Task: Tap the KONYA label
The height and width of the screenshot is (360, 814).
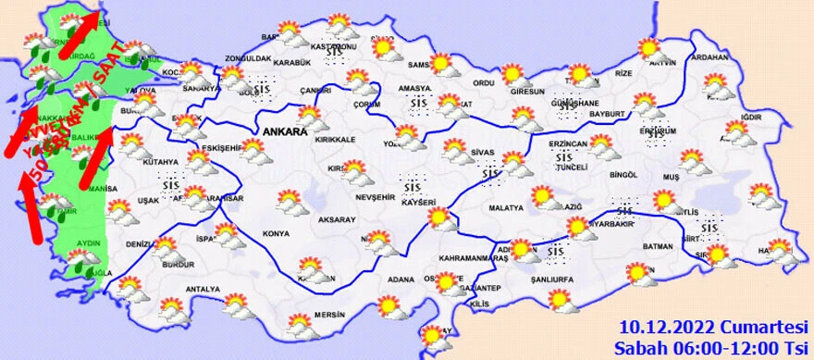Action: (275, 233)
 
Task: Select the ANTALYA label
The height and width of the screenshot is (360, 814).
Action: (203, 289)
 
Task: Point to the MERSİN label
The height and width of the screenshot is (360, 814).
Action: (328, 313)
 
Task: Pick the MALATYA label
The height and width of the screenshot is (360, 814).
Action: (507, 208)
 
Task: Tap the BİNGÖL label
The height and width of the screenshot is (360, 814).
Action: (624, 174)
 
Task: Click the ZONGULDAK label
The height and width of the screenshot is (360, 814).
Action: (248, 58)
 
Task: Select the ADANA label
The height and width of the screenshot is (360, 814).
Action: (401, 279)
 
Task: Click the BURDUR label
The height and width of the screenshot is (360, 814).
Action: (179, 264)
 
